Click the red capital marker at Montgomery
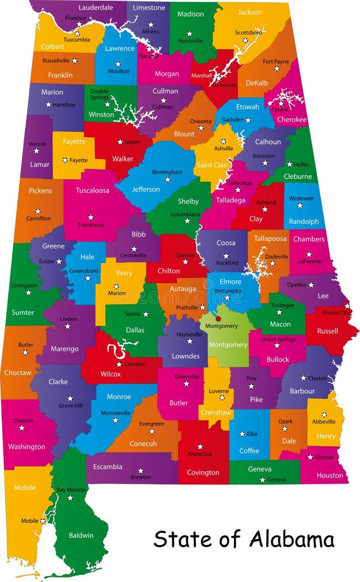[218, 318]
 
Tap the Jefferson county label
[146, 189]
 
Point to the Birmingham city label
[167, 172]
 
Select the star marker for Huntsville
[189, 33]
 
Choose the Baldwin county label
[81, 535]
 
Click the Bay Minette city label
[71, 490]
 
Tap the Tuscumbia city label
[77, 39]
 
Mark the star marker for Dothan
[310, 457]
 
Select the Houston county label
[330, 475]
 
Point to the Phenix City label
[336, 312]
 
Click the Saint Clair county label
[212, 166]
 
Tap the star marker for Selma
[145, 314]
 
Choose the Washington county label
[26, 446]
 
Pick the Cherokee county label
[291, 120]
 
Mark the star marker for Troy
[251, 386]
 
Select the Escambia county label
[107, 466]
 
